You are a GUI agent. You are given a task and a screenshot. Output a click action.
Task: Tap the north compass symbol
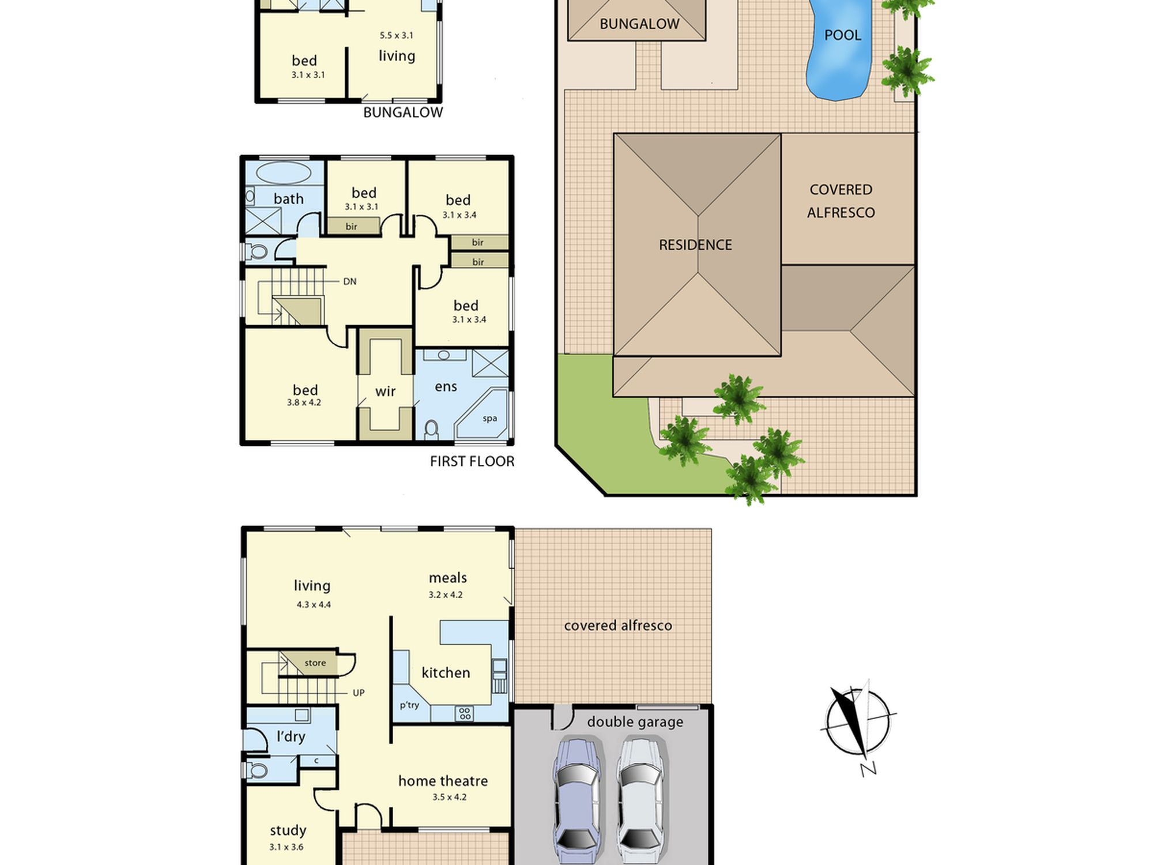click(858, 724)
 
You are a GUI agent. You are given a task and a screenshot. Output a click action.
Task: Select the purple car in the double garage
click(578, 802)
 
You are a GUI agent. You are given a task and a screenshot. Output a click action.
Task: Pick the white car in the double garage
click(641, 802)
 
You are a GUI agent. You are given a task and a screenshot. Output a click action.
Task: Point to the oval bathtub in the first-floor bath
click(283, 172)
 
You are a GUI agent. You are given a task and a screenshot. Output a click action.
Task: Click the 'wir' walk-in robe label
click(385, 392)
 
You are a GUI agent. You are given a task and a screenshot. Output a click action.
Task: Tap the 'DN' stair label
click(350, 281)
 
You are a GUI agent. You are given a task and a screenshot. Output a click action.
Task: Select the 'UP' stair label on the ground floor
click(359, 693)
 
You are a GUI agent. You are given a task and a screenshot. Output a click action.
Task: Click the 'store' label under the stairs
click(315, 663)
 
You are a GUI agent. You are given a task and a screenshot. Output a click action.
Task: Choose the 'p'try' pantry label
click(409, 705)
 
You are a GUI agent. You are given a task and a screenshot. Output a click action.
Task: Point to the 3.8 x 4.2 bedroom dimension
click(304, 403)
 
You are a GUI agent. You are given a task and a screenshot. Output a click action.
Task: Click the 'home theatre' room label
click(443, 781)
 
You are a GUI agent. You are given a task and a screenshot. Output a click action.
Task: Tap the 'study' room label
click(288, 830)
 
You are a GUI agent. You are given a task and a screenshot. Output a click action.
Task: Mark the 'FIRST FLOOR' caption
click(472, 461)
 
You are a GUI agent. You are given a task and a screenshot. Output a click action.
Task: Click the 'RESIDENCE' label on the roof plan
click(695, 245)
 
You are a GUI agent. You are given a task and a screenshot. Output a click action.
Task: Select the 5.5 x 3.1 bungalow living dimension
click(396, 35)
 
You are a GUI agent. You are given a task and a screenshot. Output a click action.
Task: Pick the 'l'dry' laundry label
click(291, 736)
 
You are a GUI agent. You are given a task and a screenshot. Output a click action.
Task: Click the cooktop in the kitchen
click(465, 713)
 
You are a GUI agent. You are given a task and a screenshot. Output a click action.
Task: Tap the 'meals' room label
click(448, 578)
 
